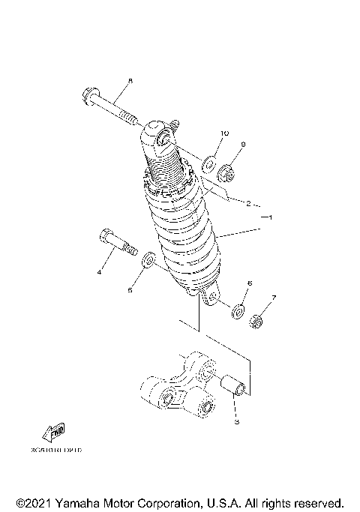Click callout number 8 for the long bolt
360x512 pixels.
[130, 81]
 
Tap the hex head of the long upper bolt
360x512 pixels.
[85, 96]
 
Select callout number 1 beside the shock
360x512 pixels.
[271, 217]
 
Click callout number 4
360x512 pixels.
[97, 273]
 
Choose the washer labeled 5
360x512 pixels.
[149, 260]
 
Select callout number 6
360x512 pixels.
[250, 283]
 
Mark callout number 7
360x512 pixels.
[274, 298]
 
